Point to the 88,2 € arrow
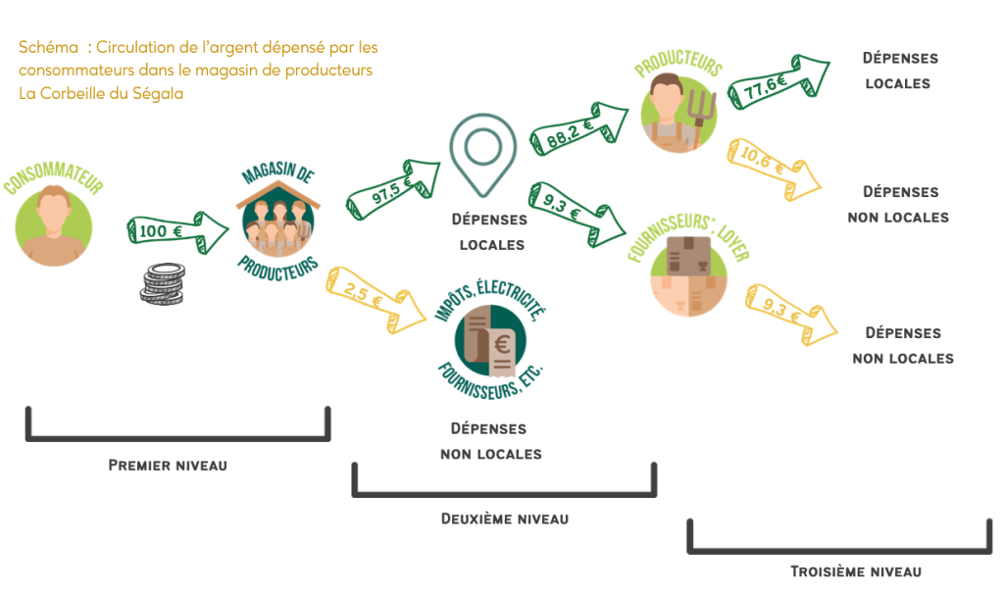point(577,131)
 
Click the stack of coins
point(162,283)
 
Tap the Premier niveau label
point(168,465)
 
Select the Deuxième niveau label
point(505,518)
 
